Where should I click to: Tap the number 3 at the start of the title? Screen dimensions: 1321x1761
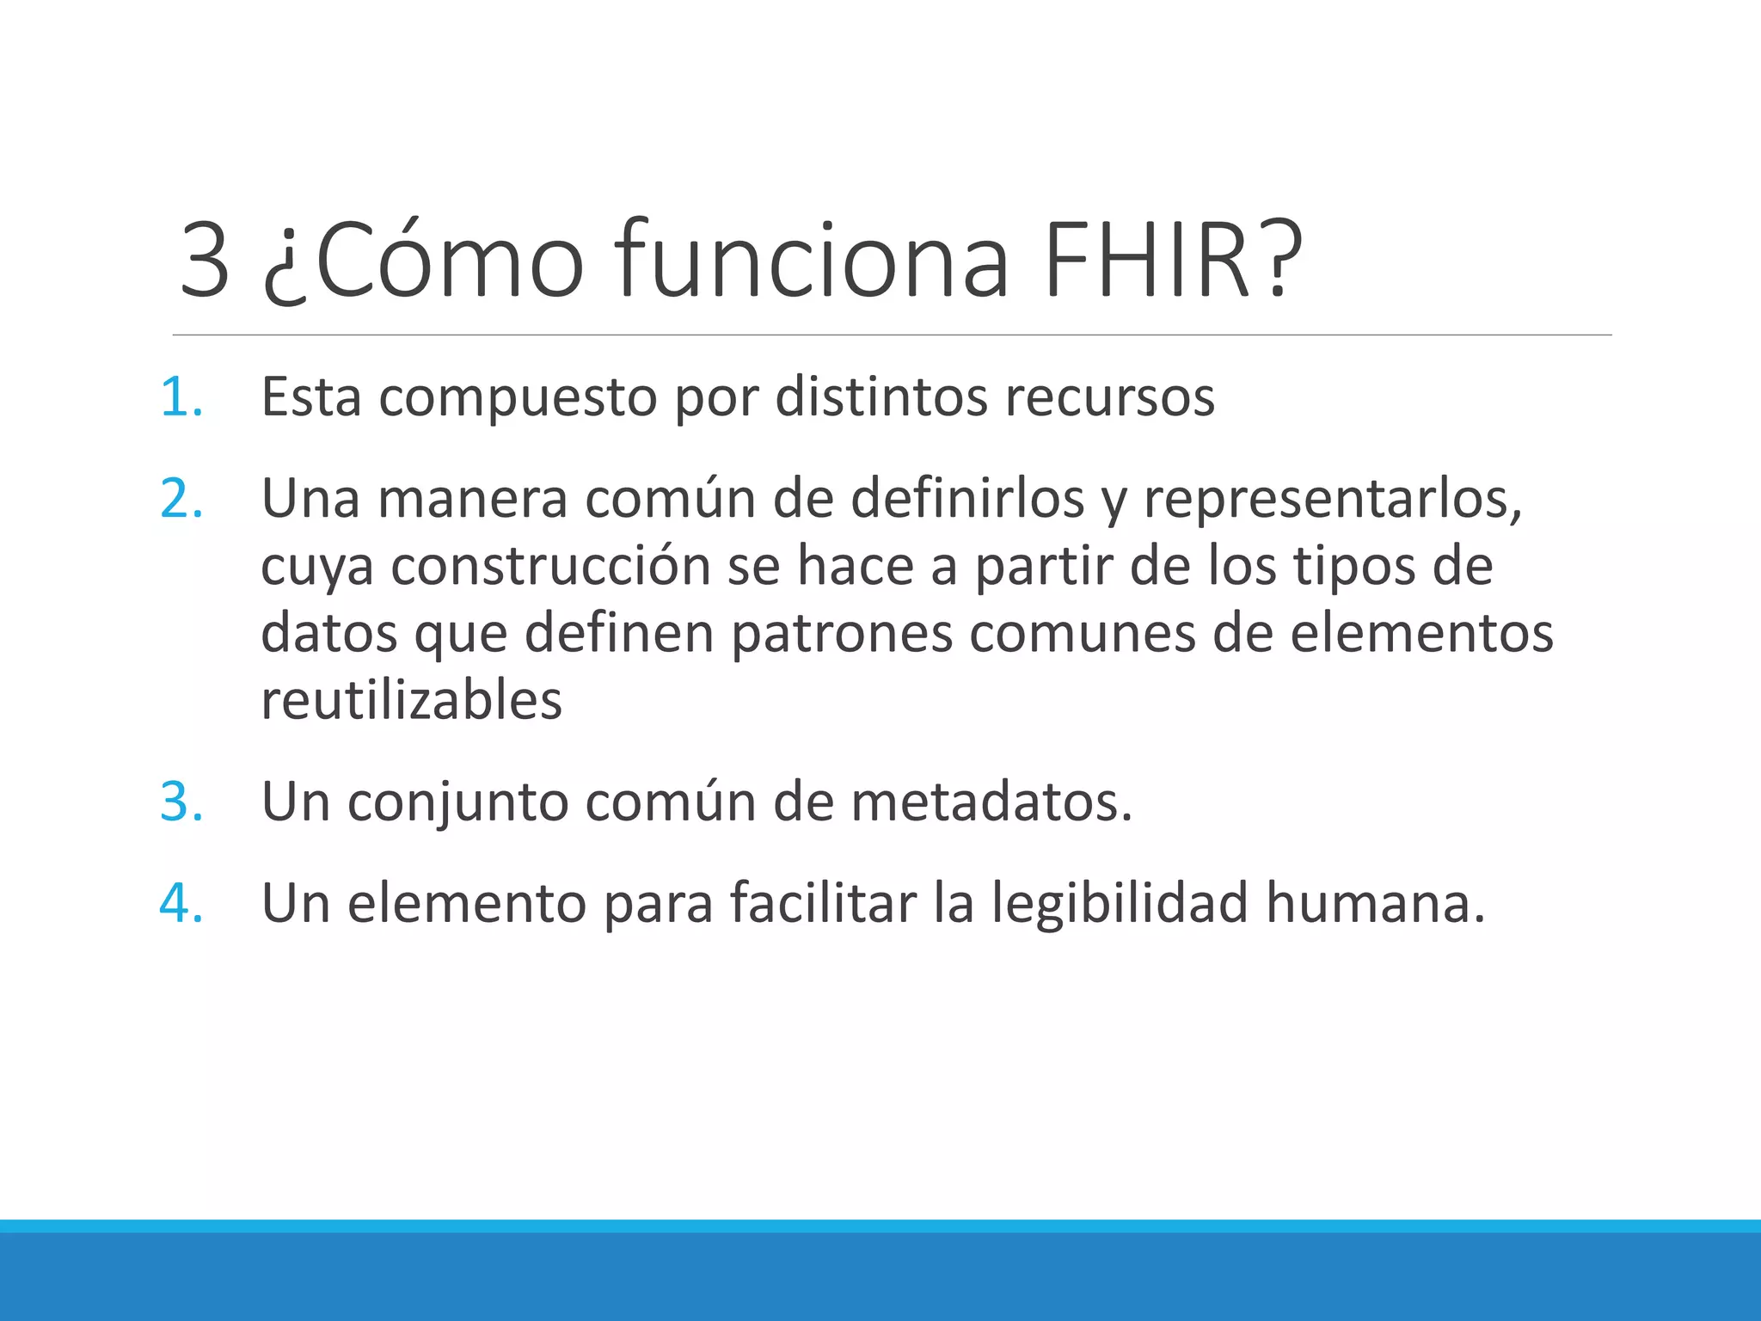[205, 260]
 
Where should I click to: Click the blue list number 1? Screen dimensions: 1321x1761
[181, 397]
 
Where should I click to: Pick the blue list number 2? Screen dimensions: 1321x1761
[181, 499]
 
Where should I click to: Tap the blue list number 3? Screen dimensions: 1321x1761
[181, 802]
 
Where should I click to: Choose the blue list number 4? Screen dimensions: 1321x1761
[181, 903]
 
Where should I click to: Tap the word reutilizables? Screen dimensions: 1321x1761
[411, 700]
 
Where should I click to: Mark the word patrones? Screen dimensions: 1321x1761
[842, 634]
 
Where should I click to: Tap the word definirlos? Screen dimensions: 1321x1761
[967, 499]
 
